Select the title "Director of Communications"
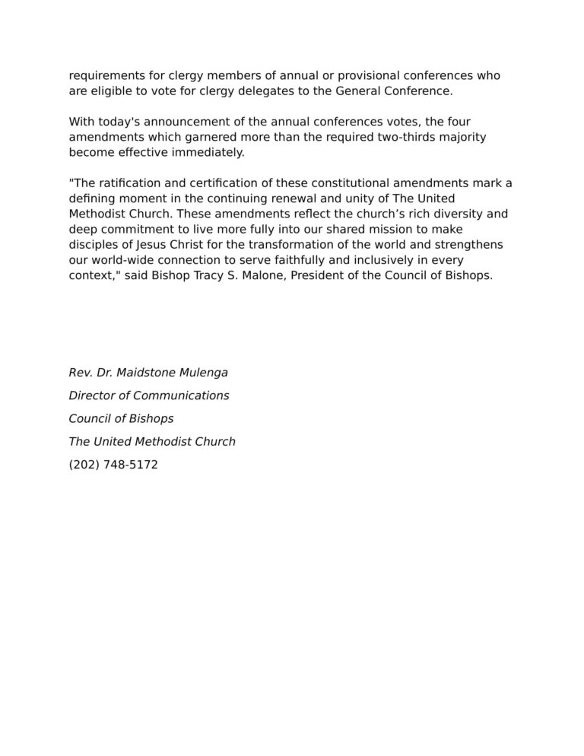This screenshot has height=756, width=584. (x=149, y=395)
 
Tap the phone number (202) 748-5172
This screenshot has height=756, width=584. (x=113, y=464)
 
